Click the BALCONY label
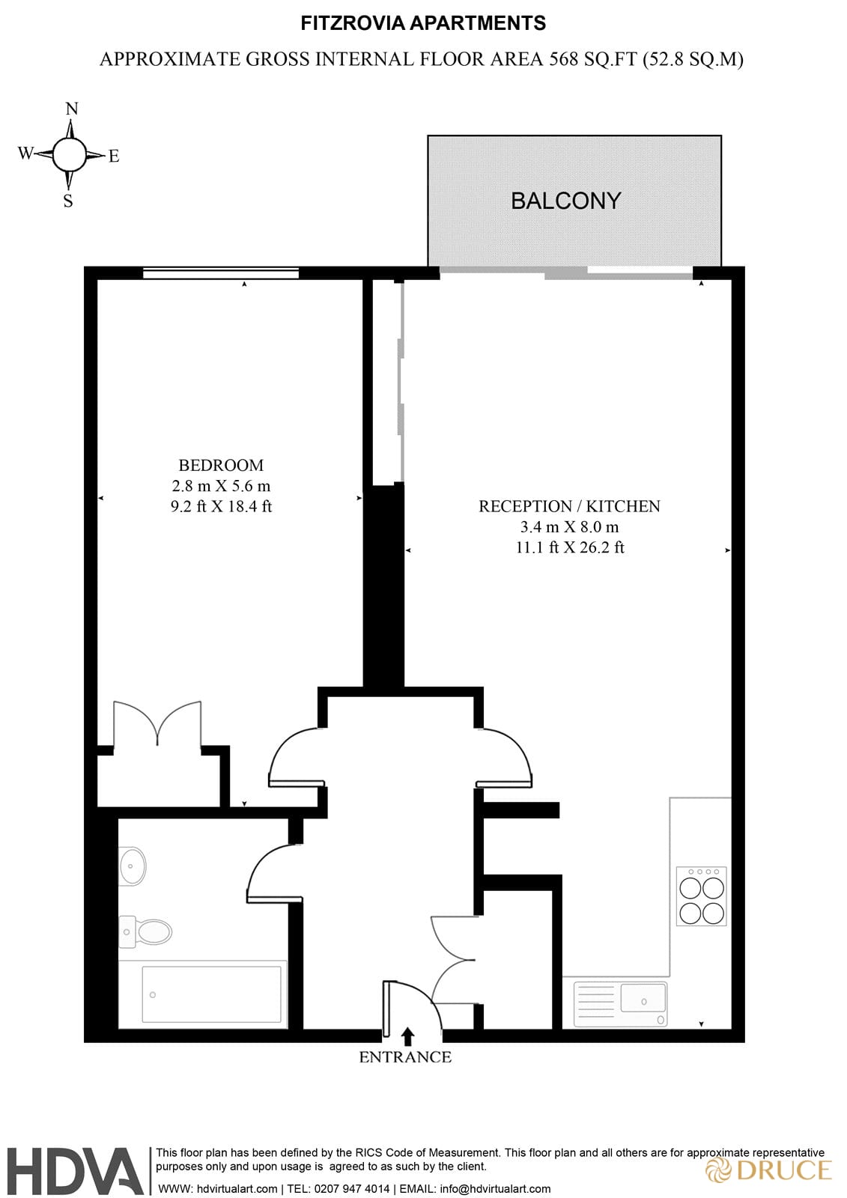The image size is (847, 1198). click(x=565, y=201)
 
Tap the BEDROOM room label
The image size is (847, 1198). click(x=221, y=465)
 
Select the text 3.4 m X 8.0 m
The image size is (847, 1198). click(x=569, y=527)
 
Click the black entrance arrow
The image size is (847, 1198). click(x=408, y=1036)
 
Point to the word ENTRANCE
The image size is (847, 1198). click(x=405, y=1057)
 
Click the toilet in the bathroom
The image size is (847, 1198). click(x=147, y=932)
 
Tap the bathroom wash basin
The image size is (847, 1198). click(x=132, y=866)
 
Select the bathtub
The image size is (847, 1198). click(x=203, y=994)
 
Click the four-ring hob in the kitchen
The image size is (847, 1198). click(x=701, y=896)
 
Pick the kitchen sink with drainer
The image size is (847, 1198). click(x=620, y=1004)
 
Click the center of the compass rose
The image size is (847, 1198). click(x=70, y=154)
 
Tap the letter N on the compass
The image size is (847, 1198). click(x=72, y=109)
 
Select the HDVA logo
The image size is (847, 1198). click(x=75, y=1171)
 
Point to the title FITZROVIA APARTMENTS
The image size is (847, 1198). click(x=423, y=23)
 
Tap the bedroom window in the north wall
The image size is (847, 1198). click(x=221, y=273)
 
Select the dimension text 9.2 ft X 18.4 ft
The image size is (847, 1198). click(x=221, y=507)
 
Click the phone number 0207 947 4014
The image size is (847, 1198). click(x=352, y=1188)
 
